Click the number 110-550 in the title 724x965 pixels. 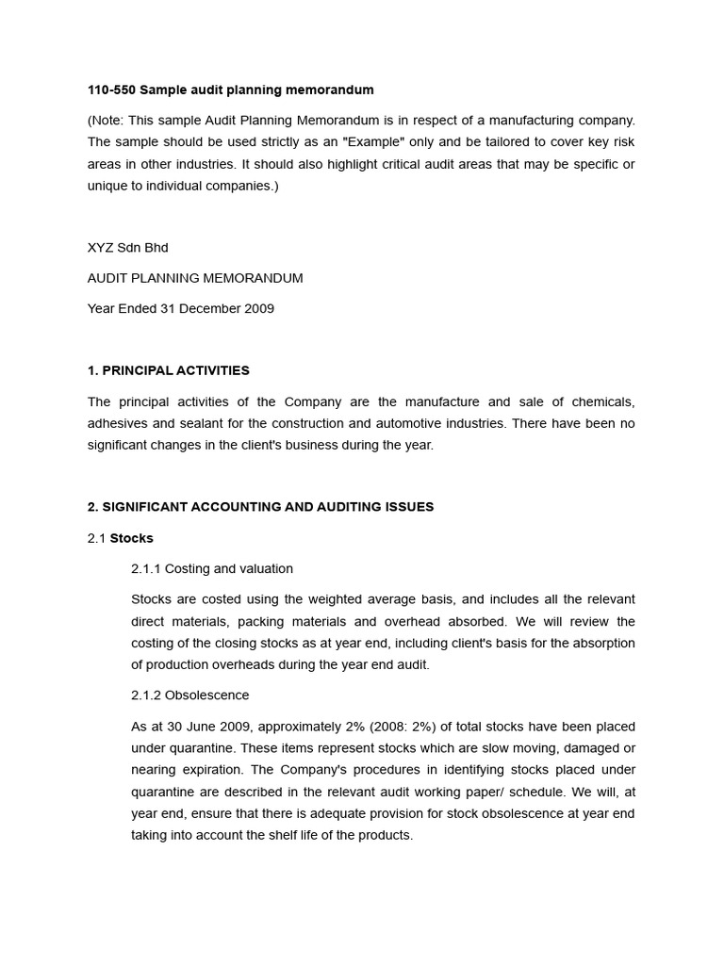click(x=111, y=90)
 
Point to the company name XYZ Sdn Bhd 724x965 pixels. click(x=127, y=247)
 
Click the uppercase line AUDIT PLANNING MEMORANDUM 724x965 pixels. click(x=195, y=278)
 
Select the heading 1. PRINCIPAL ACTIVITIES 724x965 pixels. click(x=168, y=370)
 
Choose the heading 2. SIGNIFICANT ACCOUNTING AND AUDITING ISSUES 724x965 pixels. click(x=260, y=506)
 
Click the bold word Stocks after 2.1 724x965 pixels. click(x=132, y=538)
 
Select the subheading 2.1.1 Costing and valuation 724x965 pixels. click(x=212, y=568)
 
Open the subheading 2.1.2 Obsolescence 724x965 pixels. click(x=189, y=695)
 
